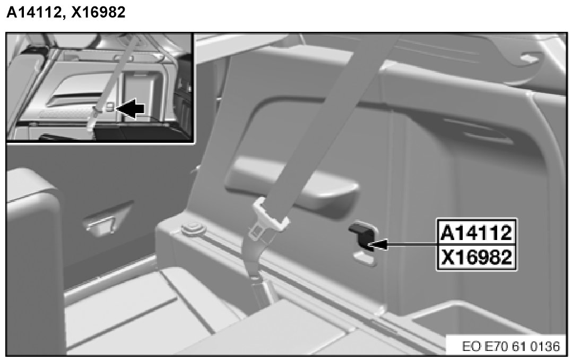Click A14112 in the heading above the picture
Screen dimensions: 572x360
coord(33,12)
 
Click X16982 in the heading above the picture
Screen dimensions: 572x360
coord(98,12)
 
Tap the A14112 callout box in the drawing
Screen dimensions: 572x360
coord(476,232)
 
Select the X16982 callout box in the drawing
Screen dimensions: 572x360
coord(476,256)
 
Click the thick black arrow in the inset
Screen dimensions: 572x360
coord(131,108)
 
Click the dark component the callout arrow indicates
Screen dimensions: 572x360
coord(361,237)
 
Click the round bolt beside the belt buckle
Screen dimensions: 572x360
coord(193,229)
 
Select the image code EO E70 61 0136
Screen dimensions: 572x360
coord(510,346)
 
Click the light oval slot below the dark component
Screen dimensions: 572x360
coord(365,259)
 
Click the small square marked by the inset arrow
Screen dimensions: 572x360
coord(110,107)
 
